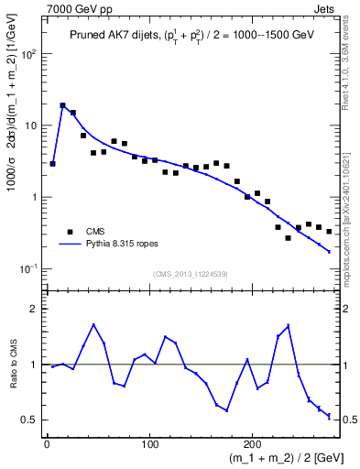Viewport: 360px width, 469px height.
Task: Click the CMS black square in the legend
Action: (69, 231)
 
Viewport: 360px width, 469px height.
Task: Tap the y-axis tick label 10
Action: (33, 125)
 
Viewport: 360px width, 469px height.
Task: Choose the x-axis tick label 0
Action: (46, 446)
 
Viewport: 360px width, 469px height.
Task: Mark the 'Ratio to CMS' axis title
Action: (12, 365)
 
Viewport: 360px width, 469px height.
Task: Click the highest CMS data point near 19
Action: (62, 106)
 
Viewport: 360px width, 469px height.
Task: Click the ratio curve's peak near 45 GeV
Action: (93, 324)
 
